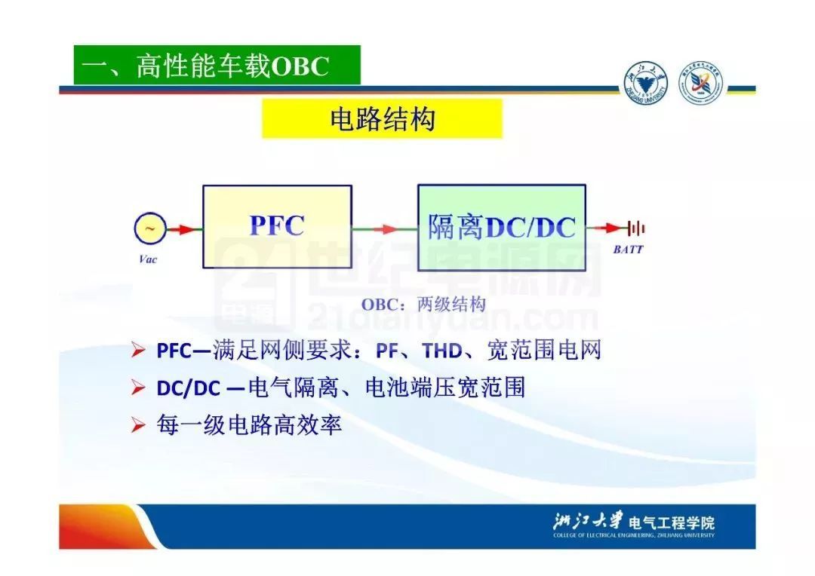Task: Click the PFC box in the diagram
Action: click(x=277, y=226)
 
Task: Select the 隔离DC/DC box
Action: click(x=502, y=227)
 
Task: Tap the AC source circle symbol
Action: click(x=150, y=228)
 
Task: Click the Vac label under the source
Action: click(x=148, y=259)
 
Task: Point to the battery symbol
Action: click(x=635, y=228)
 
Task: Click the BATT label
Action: click(x=628, y=250)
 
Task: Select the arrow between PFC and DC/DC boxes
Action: click(x=385, y=228)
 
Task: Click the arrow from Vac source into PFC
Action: click(x=184, y=228)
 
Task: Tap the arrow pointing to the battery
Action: click(x=607, y=228)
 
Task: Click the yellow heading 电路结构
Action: click(x=382, y=119)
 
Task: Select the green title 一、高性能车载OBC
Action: click(x=217, y=66)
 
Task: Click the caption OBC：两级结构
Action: click(x=423, y=304)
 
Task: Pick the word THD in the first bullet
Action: click(x=442, y=351)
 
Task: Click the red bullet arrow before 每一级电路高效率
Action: click(x=138, y=425)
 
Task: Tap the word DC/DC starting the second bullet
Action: click(x=189, y=388)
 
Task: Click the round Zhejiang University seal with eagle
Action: click(x=645, y=83)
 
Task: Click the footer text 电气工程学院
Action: click(x=672, y=522)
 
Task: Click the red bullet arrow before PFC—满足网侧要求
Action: click(x=138, y=350)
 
